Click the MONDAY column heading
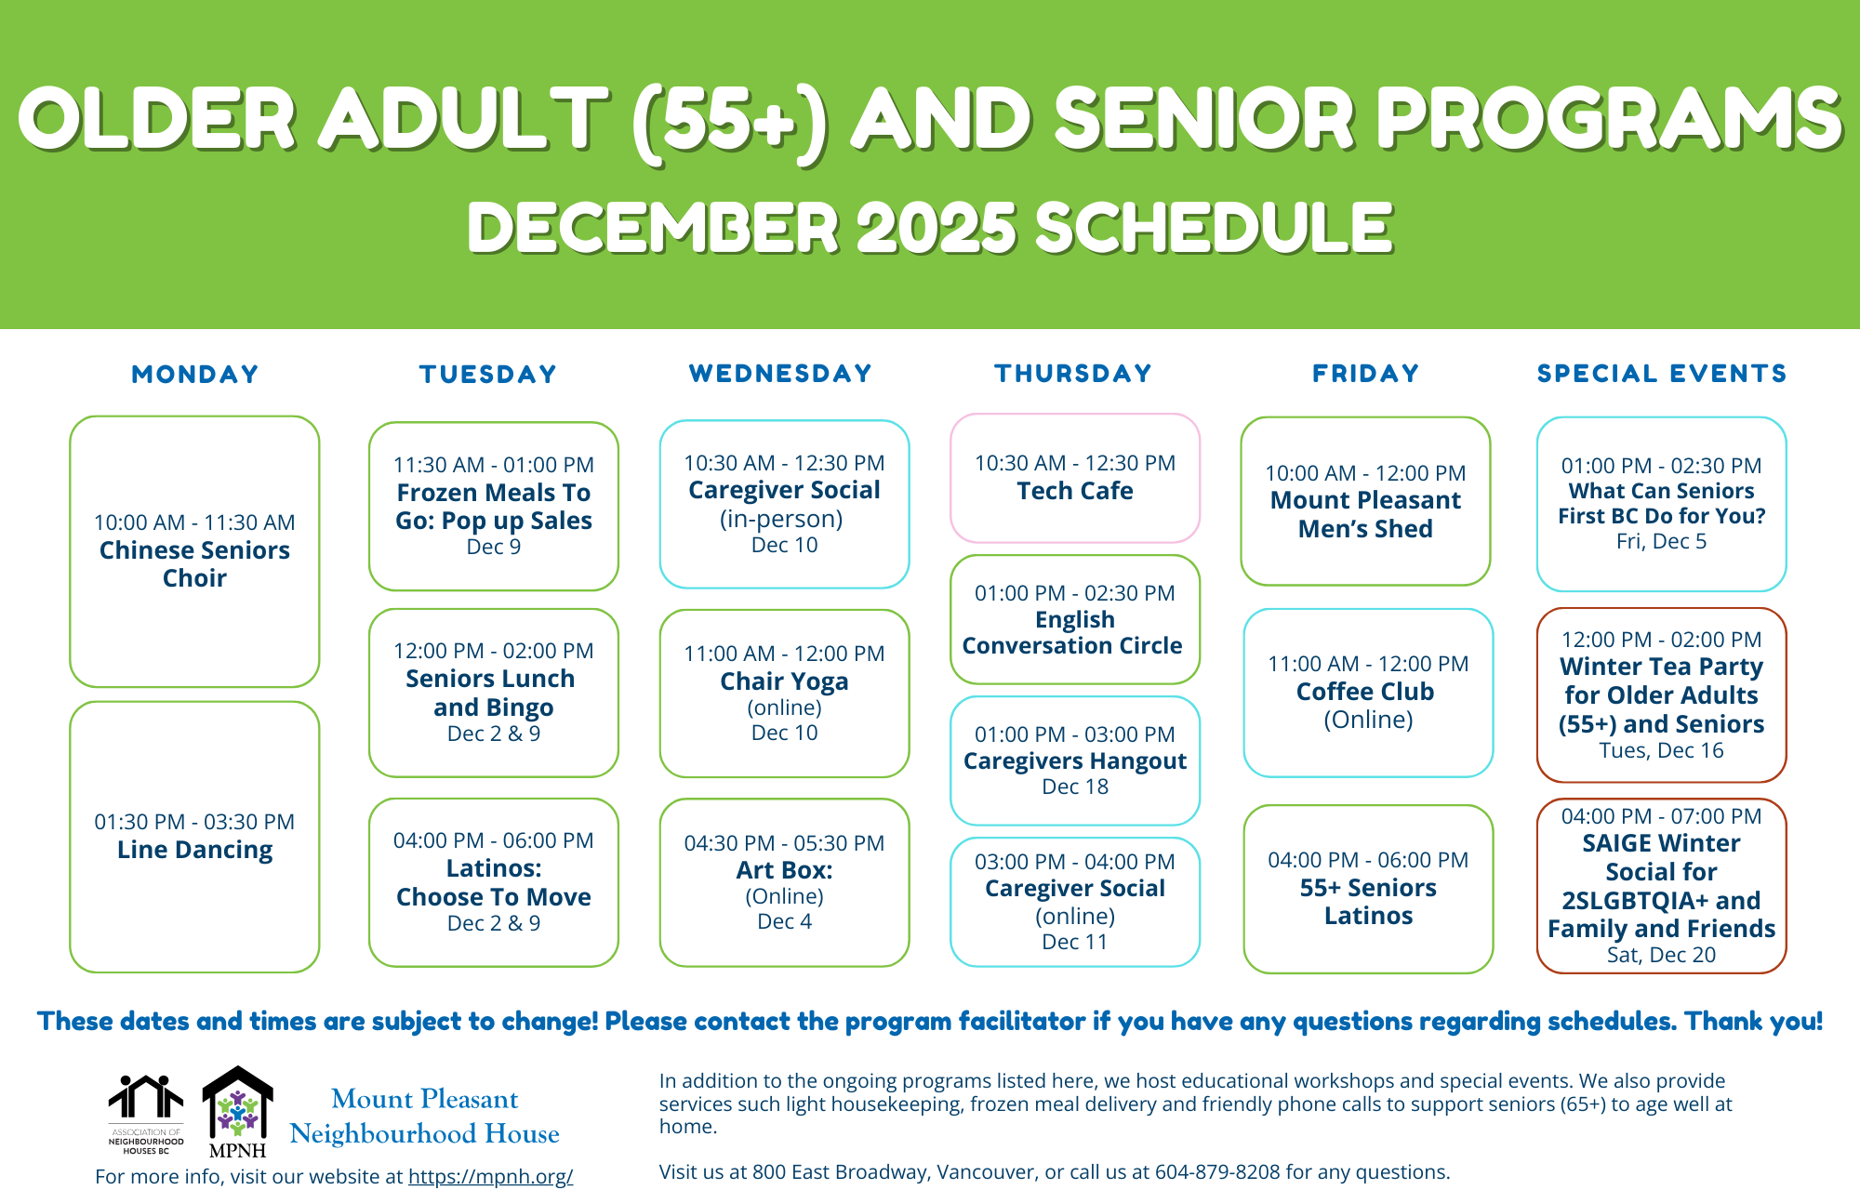click(x=195, y=375)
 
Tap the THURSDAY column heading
click(x=1073, y=374)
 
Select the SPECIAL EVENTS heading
click(x=1662, y=374)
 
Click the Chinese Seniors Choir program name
click(x=194, y=564)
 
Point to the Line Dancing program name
click(x=194, y=850)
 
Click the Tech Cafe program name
click(x=1074, y=491)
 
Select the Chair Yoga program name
click(x=784, y=681)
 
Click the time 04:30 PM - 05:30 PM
click(x=784, y=843)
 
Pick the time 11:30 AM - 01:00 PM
click(x=493, y=465)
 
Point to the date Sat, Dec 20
click(x=1661, y=955)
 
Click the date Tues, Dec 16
click(x=1661, y=750)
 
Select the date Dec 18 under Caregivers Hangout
click(x=1075, y=787)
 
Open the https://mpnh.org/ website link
click(x=490, y=1176)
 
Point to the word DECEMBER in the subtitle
click(x=653, y=229)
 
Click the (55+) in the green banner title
click(x=729, y=120)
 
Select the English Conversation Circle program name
click(x=1073, y=632)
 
